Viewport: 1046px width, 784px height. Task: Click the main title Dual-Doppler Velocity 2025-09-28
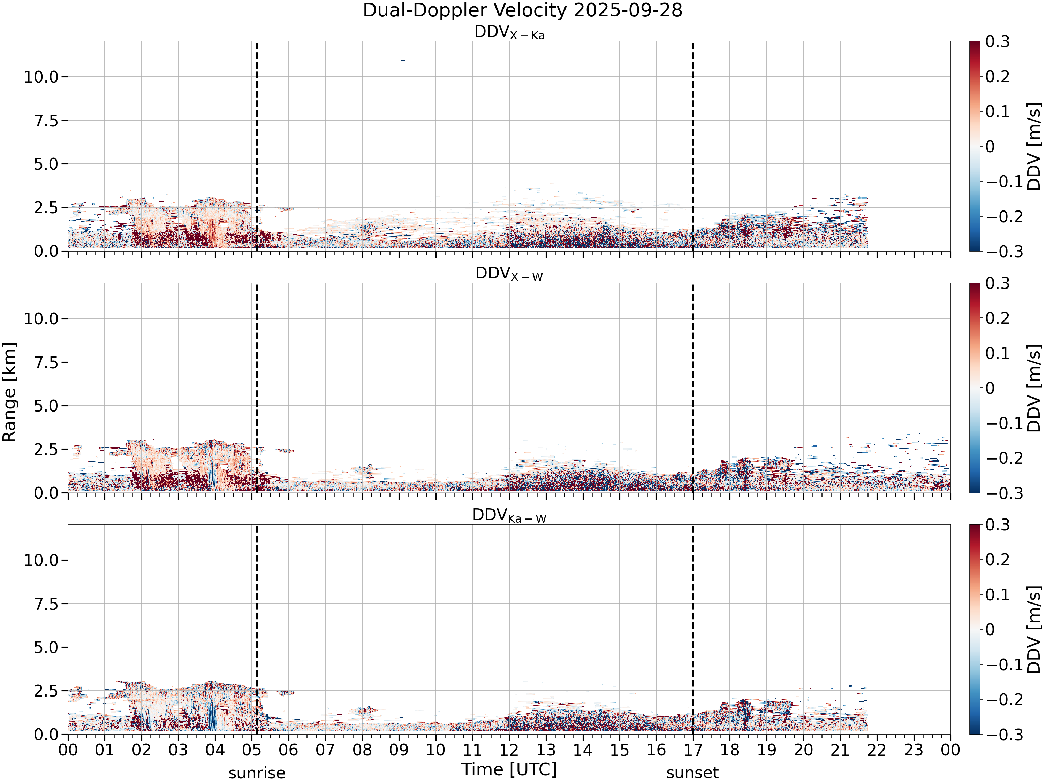tap(523, 10)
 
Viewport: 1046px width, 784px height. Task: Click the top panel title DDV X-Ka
tap(509, 33)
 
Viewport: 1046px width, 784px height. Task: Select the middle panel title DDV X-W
tap(509, 274)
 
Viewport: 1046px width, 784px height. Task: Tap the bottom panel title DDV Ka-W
tap(509, 516)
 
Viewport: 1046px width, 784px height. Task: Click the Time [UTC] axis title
tap(509, 769)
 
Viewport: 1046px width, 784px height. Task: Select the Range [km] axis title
tap(9, 392)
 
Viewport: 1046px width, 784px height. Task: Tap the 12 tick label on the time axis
tap(509, 750)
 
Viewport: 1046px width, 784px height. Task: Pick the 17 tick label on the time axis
tap(693, 750)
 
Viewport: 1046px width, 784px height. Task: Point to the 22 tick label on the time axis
tap(877, 750)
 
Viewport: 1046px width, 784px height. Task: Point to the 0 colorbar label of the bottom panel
tap(990, 630)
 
